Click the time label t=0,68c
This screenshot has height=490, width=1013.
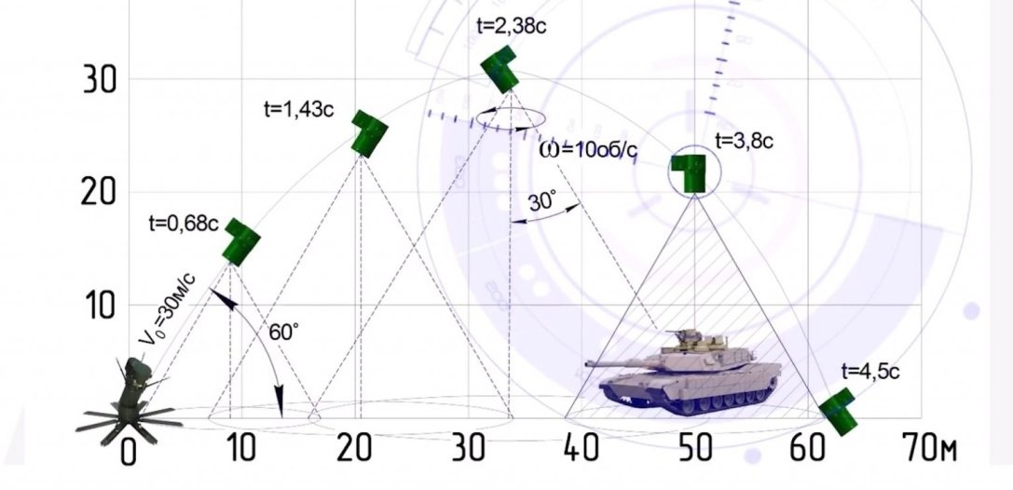184,224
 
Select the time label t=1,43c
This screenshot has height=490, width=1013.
299,110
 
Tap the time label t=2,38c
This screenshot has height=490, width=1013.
512,26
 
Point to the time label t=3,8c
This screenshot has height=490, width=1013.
745,141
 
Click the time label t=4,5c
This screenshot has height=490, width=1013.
870,372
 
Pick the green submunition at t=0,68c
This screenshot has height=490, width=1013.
241,241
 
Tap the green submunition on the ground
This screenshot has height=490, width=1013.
840,411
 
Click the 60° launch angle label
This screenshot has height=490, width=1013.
284,333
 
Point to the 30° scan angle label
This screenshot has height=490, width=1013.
542,202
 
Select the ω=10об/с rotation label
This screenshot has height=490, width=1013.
588,149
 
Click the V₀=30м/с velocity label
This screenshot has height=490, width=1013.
168,308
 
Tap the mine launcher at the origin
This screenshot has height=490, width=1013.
130,401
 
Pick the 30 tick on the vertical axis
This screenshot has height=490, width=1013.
100,79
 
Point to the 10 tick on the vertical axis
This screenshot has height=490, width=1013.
100,306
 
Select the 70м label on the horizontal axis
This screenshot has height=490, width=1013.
930,448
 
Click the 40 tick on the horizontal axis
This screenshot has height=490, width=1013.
582,448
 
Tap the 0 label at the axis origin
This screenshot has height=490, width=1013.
129,453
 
